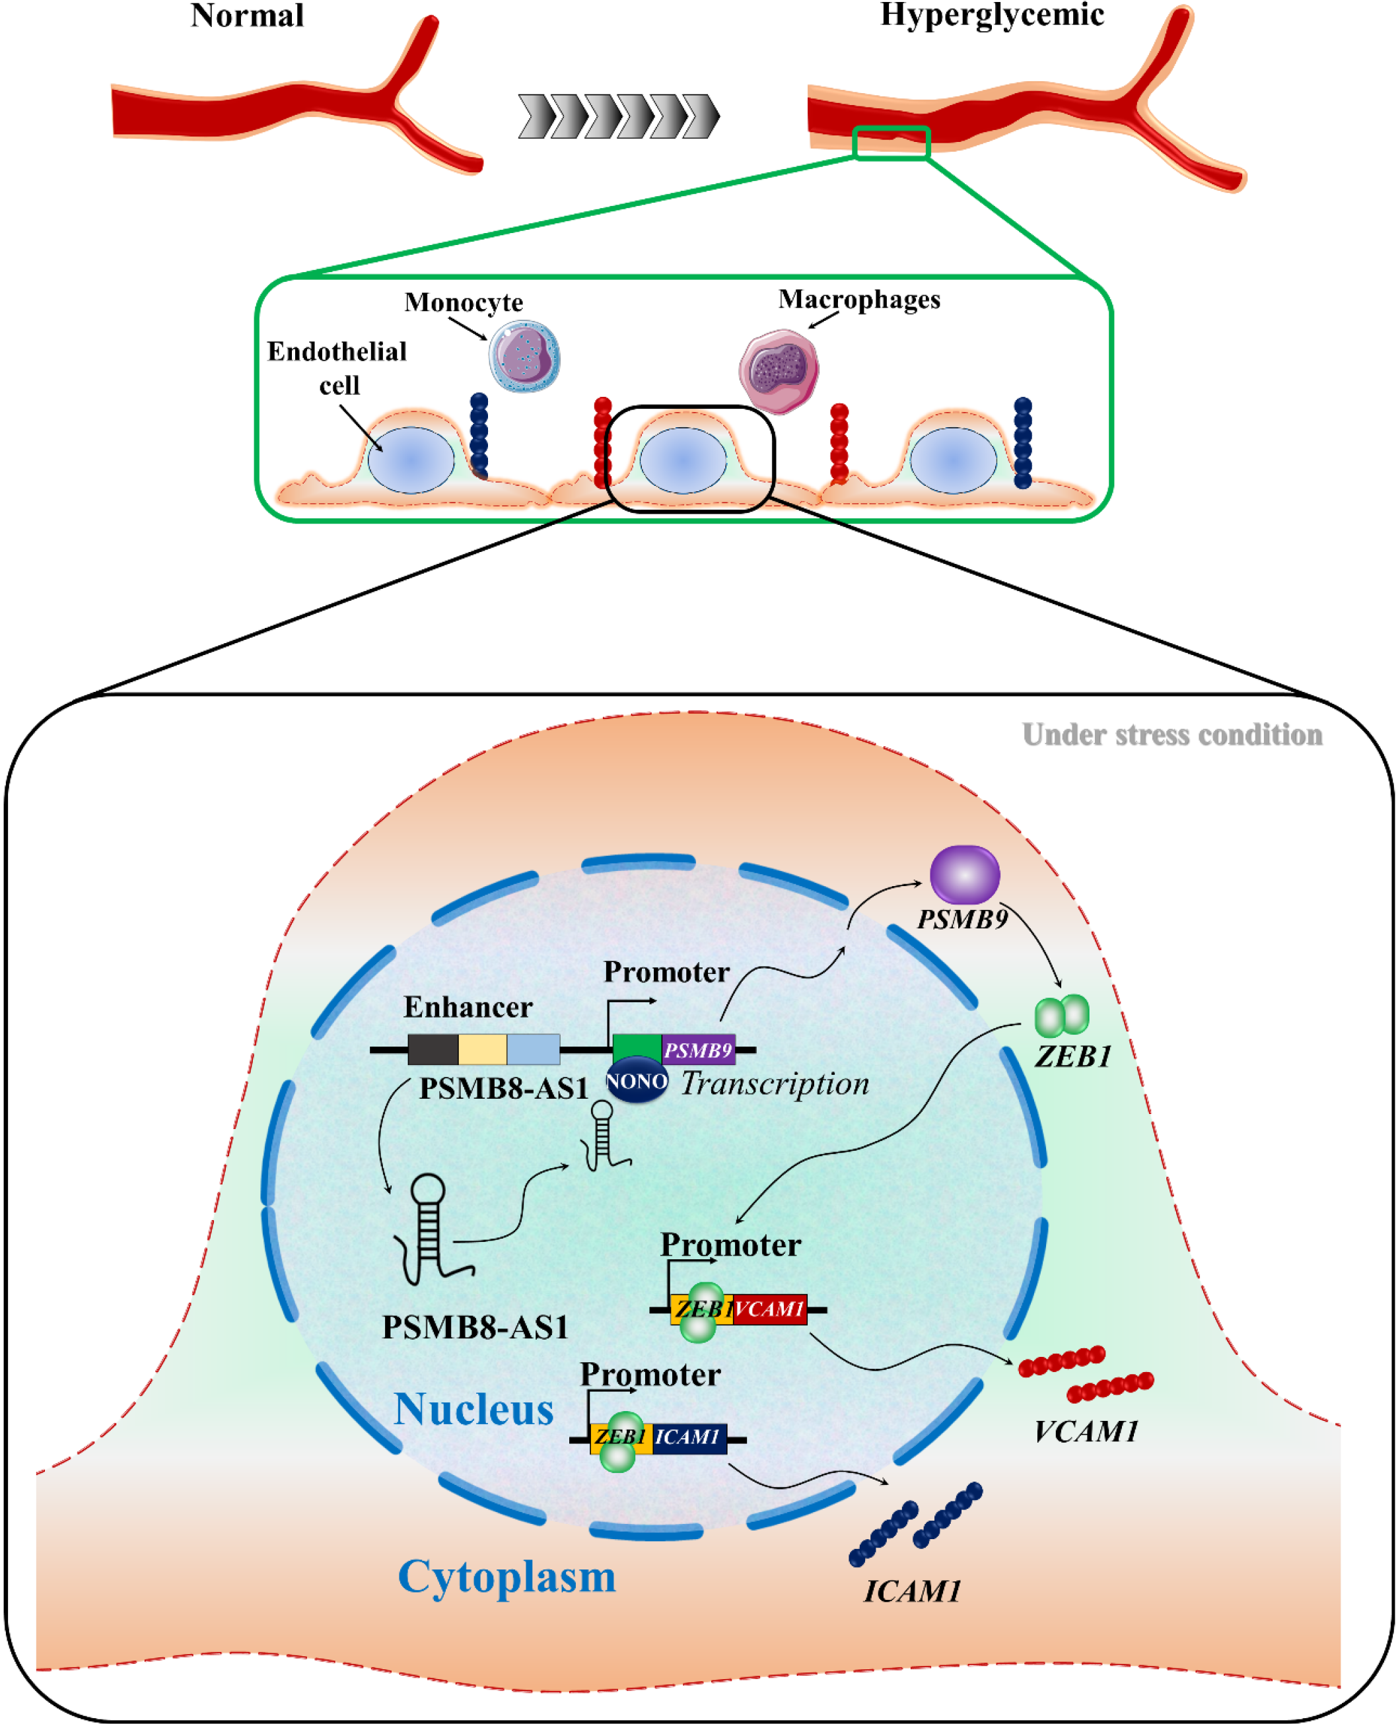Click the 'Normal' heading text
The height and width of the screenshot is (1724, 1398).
click(246, 16)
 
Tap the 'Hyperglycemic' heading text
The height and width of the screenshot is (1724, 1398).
click(991, 15)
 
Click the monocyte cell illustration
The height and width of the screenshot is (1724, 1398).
click(524, 357)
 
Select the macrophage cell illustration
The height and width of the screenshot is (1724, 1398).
click(779, 370)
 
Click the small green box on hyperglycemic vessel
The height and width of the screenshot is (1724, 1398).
click(891, 143)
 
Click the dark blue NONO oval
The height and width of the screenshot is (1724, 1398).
click(636, 1081)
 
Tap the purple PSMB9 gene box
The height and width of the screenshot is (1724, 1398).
click(698, 1050)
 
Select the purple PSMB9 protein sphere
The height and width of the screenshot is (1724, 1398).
click(964, 874)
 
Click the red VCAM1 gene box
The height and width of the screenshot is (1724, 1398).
click(770, 1309)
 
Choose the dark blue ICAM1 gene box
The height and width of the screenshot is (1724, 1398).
click(689, 1437)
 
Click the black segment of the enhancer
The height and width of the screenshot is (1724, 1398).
click(433, 1049)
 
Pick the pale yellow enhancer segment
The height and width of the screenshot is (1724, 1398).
click(482, 1049)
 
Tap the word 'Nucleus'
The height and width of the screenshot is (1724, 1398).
click(473, 1409)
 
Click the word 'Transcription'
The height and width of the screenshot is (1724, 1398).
click(775, 1084)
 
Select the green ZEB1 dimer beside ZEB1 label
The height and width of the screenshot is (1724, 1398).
click(1061, 1016)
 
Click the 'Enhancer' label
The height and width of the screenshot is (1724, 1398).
click(468, 1006)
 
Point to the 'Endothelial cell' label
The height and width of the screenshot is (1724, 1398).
click(337, 367)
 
